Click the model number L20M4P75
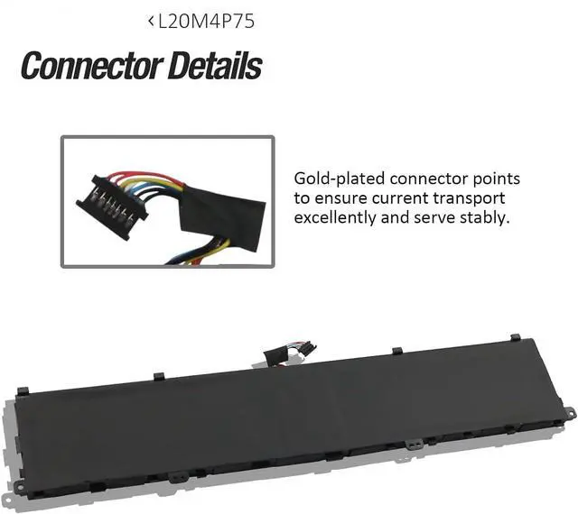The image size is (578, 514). tap(206, 23)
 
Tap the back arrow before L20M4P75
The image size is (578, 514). tap(150, 23)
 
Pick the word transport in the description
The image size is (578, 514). tap(473, 197)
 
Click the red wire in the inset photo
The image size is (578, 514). tap(144, 175)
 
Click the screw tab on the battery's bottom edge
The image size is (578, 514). tap(412, 445)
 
